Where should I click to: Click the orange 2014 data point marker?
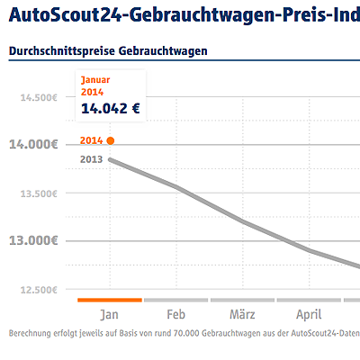[110, 140]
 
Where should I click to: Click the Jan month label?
[109, 315]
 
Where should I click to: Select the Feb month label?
[176, 315]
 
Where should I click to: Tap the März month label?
[243, 315]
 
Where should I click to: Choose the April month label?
[309, 315]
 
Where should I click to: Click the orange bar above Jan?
[110, 300]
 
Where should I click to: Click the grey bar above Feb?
[176, 300]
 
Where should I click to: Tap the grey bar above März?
[243, 300]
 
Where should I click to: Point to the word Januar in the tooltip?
[96, 80]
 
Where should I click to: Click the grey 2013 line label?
[91, 159]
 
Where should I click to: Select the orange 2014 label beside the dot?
[91, 140]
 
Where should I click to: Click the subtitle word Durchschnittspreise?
[53, 51]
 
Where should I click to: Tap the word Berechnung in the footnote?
[31, 334]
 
